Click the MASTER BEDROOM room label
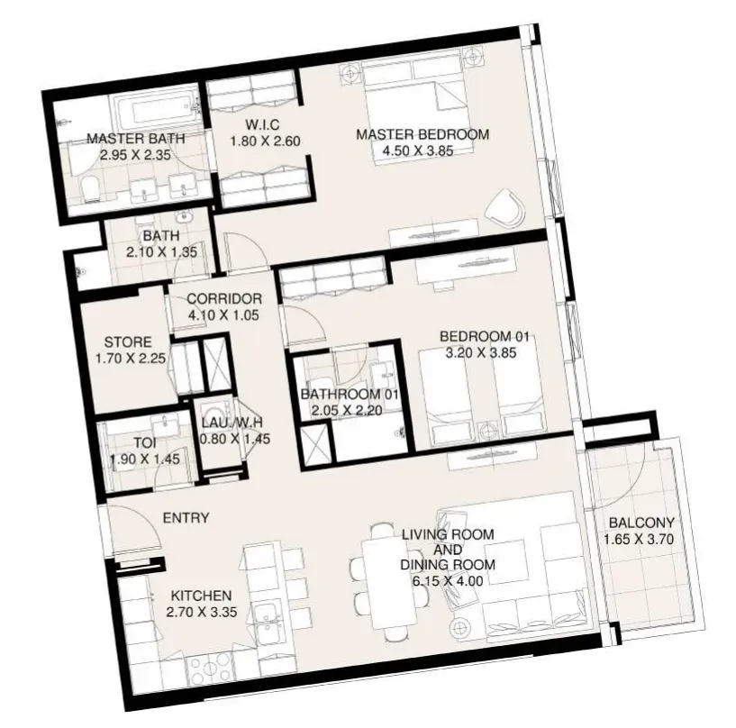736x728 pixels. tap(423, 135)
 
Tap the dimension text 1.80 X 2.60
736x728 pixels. tap(265, 141)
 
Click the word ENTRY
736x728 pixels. tap(186, 518)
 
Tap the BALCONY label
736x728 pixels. tap(641, 523)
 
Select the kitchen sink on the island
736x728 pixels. tap(268, 623)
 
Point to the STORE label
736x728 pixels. tap(128, 341)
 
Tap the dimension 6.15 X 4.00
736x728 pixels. tap(448, 581)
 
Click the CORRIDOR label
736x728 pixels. tap(224, 298)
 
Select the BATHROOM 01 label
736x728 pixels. tap(350, 394)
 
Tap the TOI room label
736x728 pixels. tap(145, 442)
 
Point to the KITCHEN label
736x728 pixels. tap(202, 596)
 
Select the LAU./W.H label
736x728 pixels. tap(232, 423)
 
